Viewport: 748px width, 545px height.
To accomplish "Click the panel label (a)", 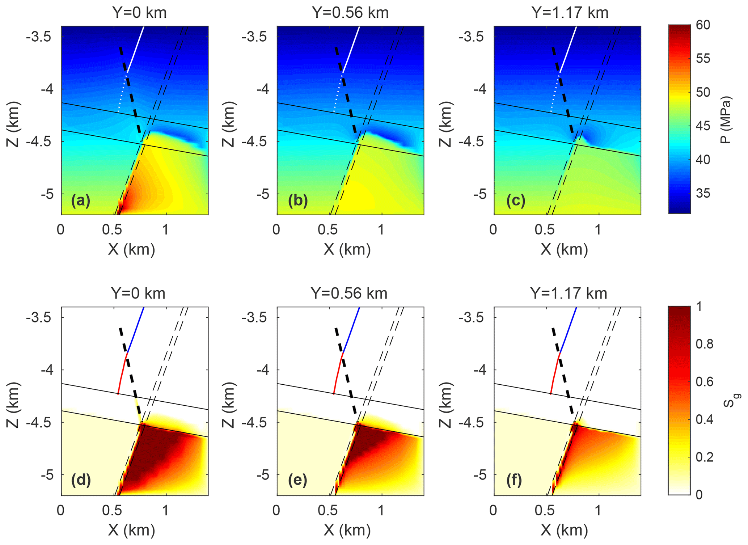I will [x=80, y=200].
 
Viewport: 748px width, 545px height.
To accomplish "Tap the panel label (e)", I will [x=297, y=480].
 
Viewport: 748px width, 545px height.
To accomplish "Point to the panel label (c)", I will [x=515, y=200].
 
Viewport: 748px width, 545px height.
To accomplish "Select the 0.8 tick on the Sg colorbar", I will [x=704, y=344].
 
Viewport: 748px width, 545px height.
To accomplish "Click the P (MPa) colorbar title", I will [x=725, y=120].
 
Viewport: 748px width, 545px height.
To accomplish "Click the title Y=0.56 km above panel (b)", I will [x=350, y=13].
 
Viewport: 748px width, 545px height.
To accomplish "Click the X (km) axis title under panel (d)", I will [x=131, y=530].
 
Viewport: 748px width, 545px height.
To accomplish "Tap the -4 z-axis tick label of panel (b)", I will [x=263, y=89].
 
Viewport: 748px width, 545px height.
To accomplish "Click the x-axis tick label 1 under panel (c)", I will [x=598, y=230].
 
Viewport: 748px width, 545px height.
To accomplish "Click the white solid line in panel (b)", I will [x=351, y=49].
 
